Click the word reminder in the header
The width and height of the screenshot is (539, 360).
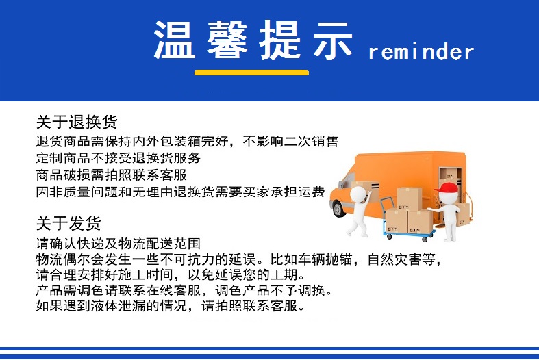pyautogui.click(x=421, y=53)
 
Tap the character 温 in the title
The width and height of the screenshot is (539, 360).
pyautogui.click(x=174, y=40)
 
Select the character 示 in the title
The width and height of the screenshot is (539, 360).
pyautogui.click(x=332, y=40)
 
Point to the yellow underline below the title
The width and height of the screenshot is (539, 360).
pyautogui.click(x=251, y=73)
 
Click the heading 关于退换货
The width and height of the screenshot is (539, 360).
pyautogui.click(x=77, y=122)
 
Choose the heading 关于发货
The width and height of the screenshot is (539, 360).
pyautogui.click(x=68, y=223)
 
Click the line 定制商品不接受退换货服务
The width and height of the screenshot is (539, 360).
pyautogui.click(x=118, y=157)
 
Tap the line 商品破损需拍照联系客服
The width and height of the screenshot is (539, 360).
pyautogui.click(x=112, y=175)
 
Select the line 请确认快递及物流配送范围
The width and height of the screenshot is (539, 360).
pyautogui.click(x=118, y=244)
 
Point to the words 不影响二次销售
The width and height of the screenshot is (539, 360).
pyautogui.click(x=290, y=141)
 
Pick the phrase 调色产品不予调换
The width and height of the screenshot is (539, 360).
pyautogui.click(x=270, y=290)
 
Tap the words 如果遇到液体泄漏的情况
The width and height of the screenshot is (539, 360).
pyautogui.click(x=112, y=305)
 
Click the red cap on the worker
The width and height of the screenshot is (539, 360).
pyautogui.click(x=447, y=188)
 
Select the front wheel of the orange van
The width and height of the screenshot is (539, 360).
pyautogui.click(x=338, y=208)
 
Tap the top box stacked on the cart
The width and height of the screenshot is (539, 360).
pyautogui.click(x=409, y=199)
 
